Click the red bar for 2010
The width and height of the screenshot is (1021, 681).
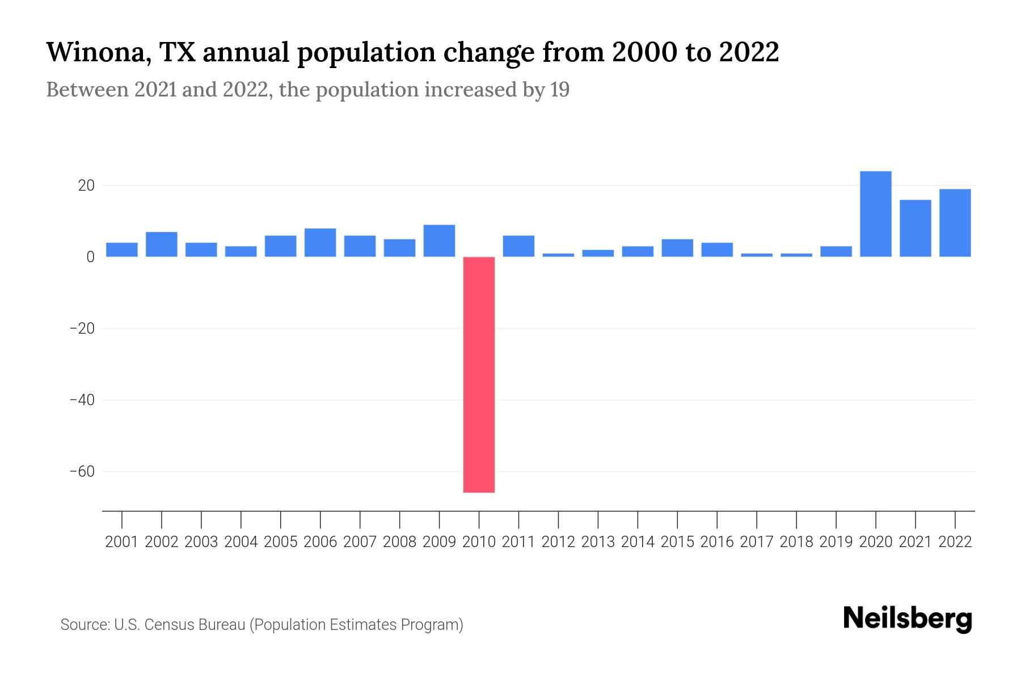click(479, 375)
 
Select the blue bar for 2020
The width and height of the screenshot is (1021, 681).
click(875, 214)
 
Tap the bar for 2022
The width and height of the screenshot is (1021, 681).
click(955, 222)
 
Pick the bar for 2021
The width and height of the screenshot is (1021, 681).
click(915, 228)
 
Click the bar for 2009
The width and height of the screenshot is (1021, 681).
click(439, 241)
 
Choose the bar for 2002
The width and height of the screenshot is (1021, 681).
click(161, 244)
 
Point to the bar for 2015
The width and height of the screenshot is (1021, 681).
click(677, 248)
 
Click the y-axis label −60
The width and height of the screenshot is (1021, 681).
click(82, 472)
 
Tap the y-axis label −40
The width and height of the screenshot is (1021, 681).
click(82, 400)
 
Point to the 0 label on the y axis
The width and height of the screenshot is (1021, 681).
click(90, 257)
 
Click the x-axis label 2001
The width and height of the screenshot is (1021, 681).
click(121, 542)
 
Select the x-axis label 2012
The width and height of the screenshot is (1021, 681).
click(558, 542)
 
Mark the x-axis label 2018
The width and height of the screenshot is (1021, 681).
click(796, 542)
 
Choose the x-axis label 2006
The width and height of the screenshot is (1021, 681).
click(320, 542)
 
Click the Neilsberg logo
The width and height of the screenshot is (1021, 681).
click(908, 619)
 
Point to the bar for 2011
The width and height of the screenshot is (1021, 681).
click(518, 246)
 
